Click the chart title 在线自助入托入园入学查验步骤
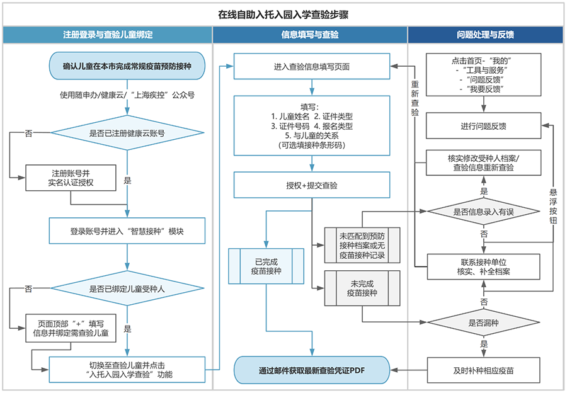tap(283, 13)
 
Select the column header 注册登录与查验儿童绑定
tap(108, 35)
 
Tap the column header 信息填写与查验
tap(310, 35)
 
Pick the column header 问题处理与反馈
tap(484, 35)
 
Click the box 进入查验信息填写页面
tap(312, 66)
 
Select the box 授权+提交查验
tap(312, 186)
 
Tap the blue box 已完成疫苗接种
tap(266, 266)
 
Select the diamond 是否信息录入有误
tap(484, 212)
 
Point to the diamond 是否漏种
tap(484, 323)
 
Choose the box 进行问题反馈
tap(484, 126)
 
